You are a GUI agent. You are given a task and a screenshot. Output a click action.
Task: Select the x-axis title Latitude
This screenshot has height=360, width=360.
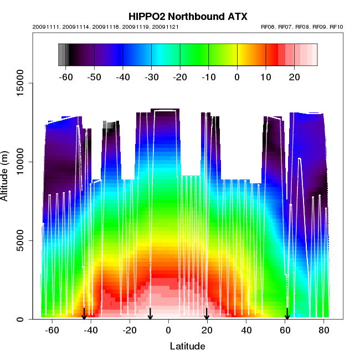pyautogui.click(x=187, y=346)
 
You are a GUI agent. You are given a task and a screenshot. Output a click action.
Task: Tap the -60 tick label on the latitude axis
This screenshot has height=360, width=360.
pyautogui.click(x=52, y=331)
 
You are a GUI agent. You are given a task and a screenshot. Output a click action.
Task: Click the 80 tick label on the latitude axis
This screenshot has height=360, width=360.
pyautogui.click(x=324, y=331)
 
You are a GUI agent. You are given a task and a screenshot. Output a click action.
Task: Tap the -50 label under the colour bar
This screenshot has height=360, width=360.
pyautogui.click(x=94, y=77)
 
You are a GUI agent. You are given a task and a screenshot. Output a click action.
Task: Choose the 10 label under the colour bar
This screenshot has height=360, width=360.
pyautogui.click(x=266, y=77)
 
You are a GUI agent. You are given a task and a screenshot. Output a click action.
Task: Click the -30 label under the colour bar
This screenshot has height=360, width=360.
pyautogui.click(x=151, y=77)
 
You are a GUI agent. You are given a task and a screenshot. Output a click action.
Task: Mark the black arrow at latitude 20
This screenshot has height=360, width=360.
pyautogui.click(x=207, y=314)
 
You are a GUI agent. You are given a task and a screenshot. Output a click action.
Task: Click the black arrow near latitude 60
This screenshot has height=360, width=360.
pyautogui.click(x=287, y=314)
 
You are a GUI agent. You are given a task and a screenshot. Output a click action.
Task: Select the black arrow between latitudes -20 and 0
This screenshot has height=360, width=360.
pyautogui.click(x=150, y=314)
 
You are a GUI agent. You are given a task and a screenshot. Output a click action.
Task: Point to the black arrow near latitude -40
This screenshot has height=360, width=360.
pyautogui.click(x=84, y=314)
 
